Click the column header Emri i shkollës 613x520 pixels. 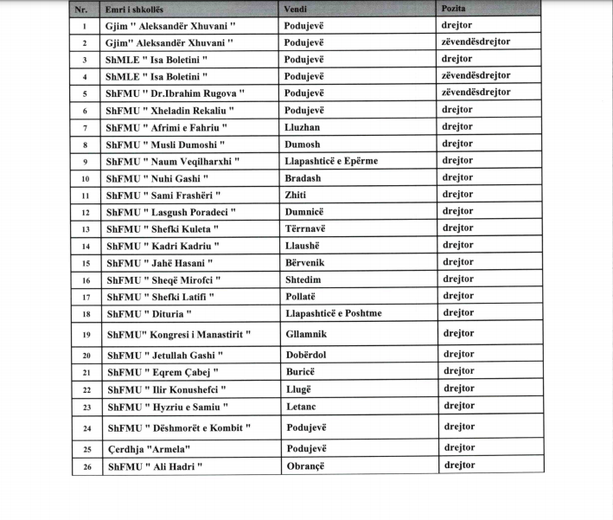click(x=141, y=10)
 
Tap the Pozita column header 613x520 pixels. click(x=456, y=9)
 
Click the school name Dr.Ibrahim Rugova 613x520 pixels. click(x=176, y=93)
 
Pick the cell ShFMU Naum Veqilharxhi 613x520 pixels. click(x=172, y=162)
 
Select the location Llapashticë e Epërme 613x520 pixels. click(x=331, y=161)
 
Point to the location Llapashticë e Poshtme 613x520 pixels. click(x=333, y=313)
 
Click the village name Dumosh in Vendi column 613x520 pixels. click(x=303, y=144)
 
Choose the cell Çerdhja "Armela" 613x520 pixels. click(x=148, y=448)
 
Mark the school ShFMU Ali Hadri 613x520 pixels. click(x=153, y=467)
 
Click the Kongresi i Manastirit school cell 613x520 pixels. click(x=178, y=334)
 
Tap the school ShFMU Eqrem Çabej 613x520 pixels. click(x=162, y=372)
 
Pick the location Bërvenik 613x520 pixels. click(x=307, y=262)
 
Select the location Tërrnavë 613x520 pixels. click(x=307, y=228)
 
